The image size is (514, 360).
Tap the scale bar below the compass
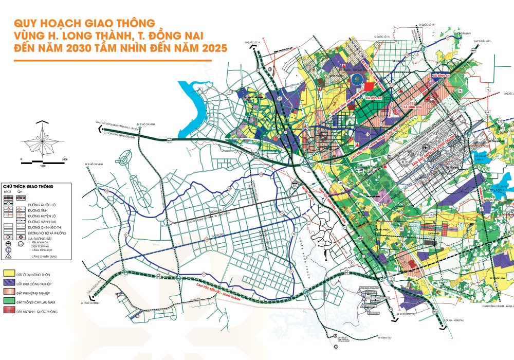coord(43,161)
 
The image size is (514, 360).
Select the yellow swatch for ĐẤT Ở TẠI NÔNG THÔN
coord(9,272)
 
